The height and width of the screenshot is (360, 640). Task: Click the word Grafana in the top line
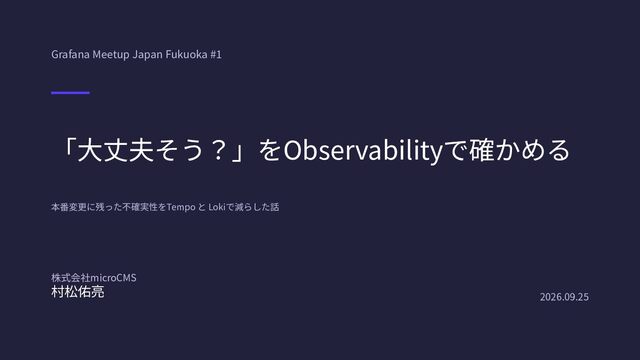70,54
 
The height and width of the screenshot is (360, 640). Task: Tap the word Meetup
111,55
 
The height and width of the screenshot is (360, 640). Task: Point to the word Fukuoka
186,54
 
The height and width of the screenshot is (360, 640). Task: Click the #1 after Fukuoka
216,54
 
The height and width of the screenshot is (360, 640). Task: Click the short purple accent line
70,93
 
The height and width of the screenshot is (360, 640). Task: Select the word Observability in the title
363,151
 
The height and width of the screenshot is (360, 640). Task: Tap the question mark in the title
218,150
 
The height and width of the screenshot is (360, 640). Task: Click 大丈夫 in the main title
116,150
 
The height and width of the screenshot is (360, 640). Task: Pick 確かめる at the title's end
519,150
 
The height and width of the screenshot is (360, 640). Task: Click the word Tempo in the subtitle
181,207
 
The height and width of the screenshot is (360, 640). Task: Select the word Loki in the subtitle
217,207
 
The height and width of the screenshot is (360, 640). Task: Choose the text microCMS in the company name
113,278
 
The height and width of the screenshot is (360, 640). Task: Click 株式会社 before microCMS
71,278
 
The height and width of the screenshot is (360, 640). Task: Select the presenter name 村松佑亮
78,292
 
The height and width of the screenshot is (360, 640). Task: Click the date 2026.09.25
564,297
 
